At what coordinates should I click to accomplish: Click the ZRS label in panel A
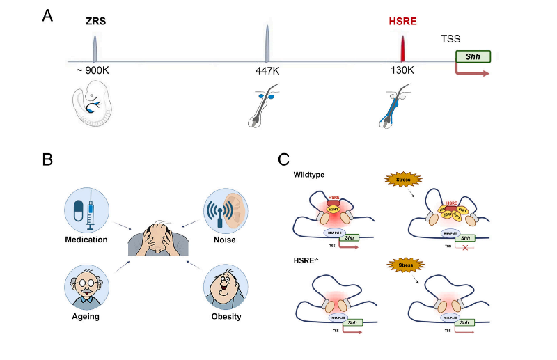[x=95, y=21]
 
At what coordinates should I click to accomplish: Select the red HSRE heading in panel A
[x=403, y=21]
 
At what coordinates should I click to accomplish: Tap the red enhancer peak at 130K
[x=402, y=49]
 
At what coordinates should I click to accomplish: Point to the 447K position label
[x=267, y=71]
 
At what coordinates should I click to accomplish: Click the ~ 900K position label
[x=93, y=71]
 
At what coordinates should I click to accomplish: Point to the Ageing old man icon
[x=86, y=288]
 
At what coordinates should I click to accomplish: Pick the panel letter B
[x=47, y=159]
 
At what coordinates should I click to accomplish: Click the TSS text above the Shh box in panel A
[x=451, y=40]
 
